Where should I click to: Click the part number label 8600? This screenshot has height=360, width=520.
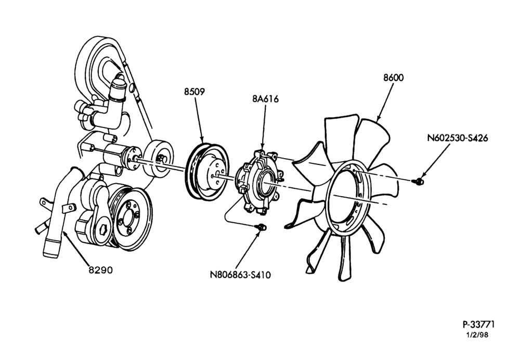pyautogui.click(x=393, y=78)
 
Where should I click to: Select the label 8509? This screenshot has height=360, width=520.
pyautogui.click(x=194, y=92)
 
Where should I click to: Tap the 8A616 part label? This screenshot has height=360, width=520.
pyautogui.click(x=265, y=99)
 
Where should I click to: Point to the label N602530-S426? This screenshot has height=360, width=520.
pyautogui.click(x=457, y=138)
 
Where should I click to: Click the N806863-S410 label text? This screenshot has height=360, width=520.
pyautogui.click(x=240, y=275)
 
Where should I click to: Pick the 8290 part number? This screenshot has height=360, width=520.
pyautogui.click(x=101, y=270)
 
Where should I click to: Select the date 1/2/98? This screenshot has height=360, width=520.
pyautogui.click(x=477, y=335)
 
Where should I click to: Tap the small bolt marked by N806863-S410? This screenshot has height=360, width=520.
pyautogui.click(x=261, y=227)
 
